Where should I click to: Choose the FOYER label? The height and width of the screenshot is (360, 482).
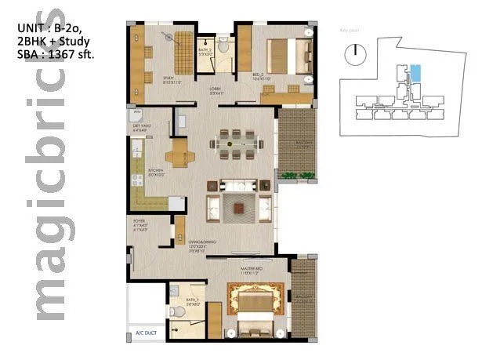point(140,224)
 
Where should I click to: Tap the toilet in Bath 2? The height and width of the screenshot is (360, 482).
point(223,49)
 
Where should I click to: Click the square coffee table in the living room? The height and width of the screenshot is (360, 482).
point(238,209)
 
